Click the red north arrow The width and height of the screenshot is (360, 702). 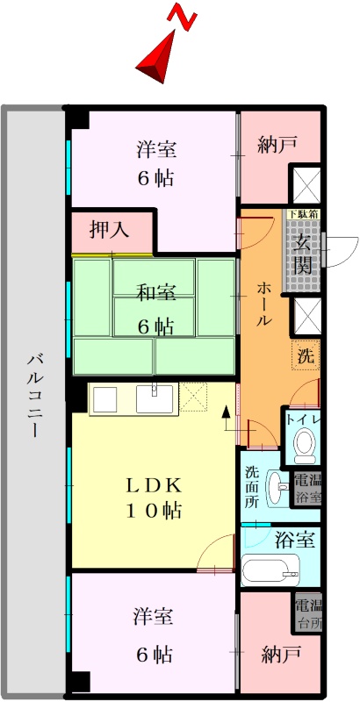tap(158, 57)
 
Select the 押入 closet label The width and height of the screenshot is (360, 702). tap(110, 230)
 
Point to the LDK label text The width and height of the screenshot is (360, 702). tap(154, 484)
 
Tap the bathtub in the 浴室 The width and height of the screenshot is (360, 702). tap(270, 569)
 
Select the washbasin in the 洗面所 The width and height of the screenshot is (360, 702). tap(277, 488)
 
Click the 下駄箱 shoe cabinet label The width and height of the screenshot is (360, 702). tap(303, 213)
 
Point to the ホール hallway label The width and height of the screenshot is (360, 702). tap(263, 303)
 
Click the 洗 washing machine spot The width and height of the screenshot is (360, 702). tap(306, 356)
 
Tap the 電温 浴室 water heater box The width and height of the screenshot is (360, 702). tap(307, 491)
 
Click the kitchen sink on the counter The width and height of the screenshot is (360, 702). tap(154, 398)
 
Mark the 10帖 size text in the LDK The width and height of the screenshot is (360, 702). tap(154, 510)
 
